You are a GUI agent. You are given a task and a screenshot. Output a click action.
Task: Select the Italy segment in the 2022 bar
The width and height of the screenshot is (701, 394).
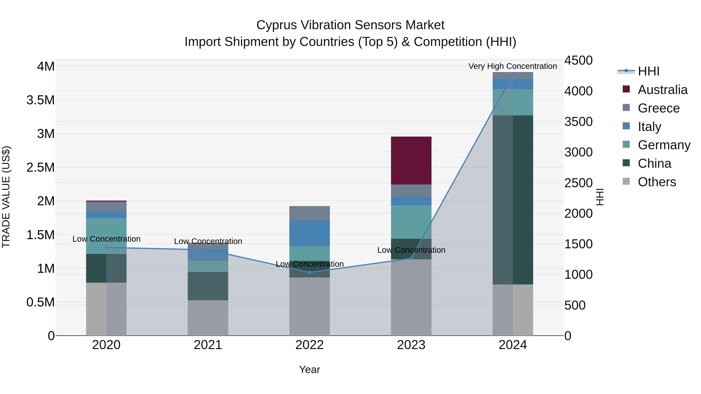pos(309,233)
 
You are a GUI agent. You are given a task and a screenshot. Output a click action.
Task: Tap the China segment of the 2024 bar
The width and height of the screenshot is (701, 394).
pos(513,200)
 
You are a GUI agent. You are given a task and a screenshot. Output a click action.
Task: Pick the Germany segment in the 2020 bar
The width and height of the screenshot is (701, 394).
pos(106,236)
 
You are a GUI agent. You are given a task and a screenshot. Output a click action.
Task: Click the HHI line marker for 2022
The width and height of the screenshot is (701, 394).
pos(309,272)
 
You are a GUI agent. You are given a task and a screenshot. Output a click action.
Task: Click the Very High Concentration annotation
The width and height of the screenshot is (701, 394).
pos(513,66)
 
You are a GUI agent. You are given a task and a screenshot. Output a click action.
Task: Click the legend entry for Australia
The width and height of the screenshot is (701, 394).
pos(662,90)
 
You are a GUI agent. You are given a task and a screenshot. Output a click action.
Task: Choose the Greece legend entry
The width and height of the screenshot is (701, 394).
pos(659,108)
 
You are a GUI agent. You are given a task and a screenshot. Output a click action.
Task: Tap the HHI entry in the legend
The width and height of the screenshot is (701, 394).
pos(648,71)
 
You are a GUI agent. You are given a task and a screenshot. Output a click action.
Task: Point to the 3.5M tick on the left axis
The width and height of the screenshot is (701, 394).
pos(40,100)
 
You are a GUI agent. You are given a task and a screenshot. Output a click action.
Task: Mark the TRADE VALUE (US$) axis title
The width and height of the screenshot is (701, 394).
pos(6,197)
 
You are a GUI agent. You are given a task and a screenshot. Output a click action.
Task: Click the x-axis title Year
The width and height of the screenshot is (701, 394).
pos(309,369)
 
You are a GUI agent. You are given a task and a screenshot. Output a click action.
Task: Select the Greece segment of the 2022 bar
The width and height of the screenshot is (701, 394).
pos(309,213)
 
